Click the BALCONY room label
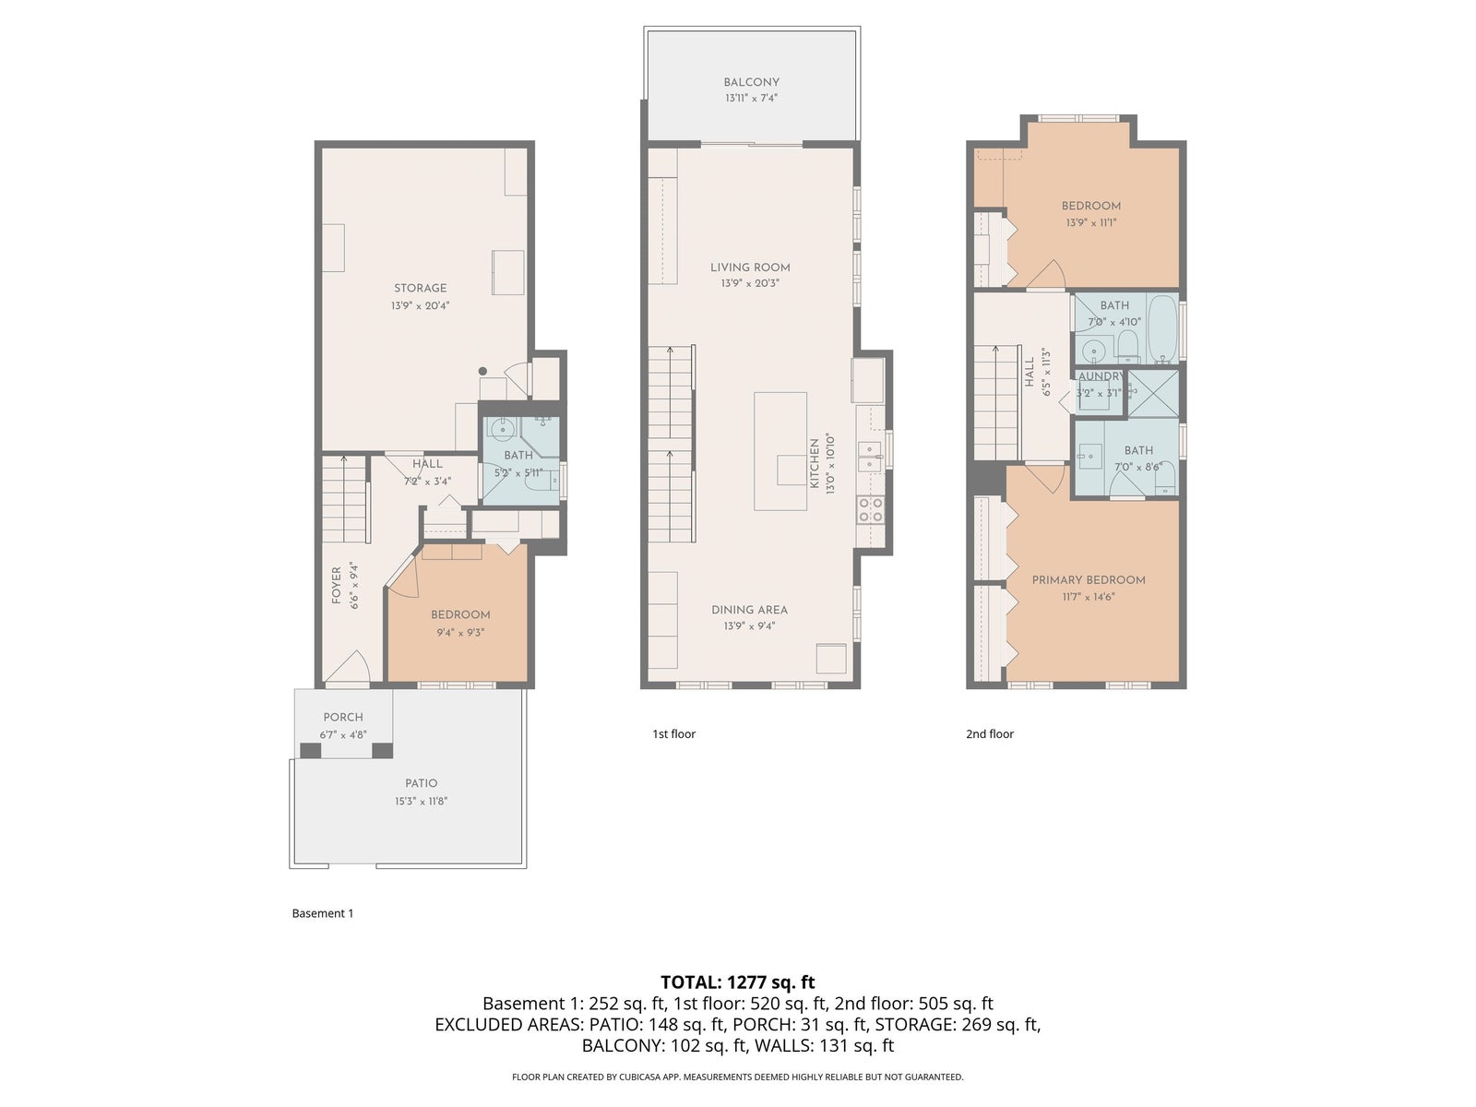click(x=751, y=82)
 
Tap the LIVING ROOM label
click(x=750, y=268)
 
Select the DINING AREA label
click(x=749, y=610)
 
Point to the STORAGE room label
click(x=421, y=289)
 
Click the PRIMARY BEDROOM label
click(x=1089, y=580)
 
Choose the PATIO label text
click(x=421, y=783)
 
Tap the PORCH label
click(x=343, y=717)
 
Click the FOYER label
click(x=336, y=586)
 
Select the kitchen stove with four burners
click(x=870, y=509)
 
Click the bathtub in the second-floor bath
click(x=1162, y=328)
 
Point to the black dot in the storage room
click(x=482, y=371)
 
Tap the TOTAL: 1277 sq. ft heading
click(x=738, y=982)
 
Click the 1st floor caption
click(x=673, y=734)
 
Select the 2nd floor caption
click(x=990, y=734)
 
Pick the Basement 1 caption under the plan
click(x=323, y=913)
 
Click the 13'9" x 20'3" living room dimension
click(x=750, y=283)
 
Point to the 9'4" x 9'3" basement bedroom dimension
click(x=460, y=633)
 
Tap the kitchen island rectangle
click(x=780, y=452)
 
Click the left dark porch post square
click(x=311, y=751)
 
